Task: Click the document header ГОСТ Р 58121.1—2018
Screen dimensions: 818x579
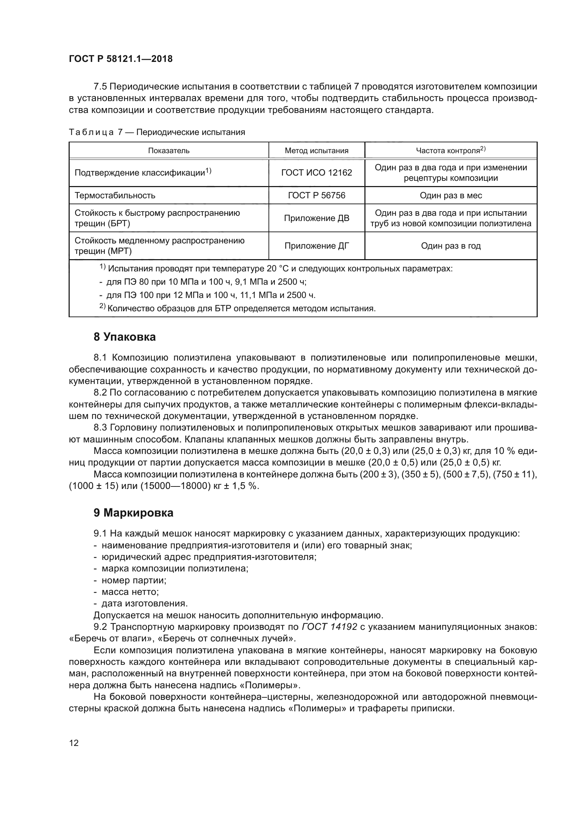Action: pos(120,59)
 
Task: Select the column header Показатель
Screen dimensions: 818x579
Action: pos(169,151)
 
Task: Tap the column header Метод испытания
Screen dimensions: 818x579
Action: pos(316,151)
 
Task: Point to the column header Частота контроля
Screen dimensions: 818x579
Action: pos(450,150)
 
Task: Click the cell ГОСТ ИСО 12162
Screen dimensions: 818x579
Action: pos(316,173)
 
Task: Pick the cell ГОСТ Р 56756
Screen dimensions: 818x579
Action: pos(316,195)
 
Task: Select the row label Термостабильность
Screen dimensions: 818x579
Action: pos(115,195)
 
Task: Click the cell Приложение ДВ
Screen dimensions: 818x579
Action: pos(316,218)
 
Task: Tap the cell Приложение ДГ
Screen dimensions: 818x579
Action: pos(316,246)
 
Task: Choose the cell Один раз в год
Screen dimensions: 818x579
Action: pos(451,246)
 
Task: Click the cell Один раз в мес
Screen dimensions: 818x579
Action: pos(451,195)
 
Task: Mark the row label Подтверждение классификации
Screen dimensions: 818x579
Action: pos(142,173)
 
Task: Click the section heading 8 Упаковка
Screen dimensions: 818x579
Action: pos(124,337)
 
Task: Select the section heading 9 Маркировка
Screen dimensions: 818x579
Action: pos(133,513)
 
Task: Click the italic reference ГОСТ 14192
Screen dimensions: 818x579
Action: pos(329,627)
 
